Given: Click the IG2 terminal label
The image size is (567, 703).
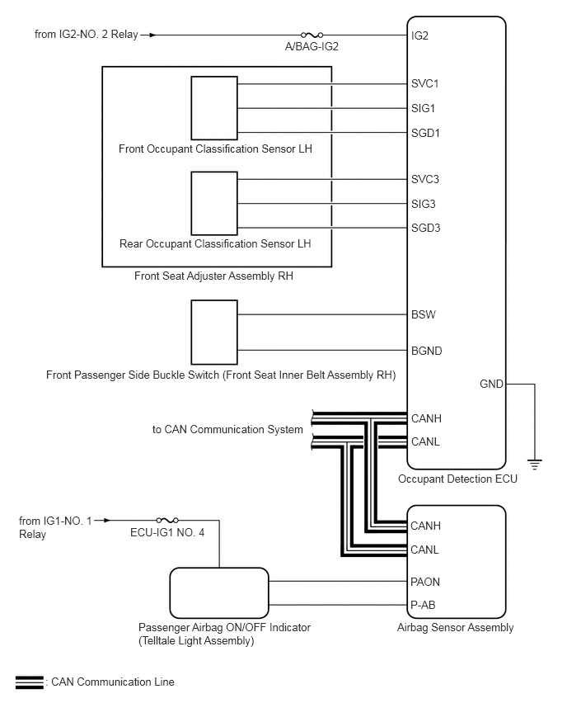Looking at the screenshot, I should pos(419,36).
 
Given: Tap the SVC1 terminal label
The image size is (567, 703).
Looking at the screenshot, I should pos(424,83).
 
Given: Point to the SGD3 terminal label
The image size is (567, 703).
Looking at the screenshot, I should pos(425,228).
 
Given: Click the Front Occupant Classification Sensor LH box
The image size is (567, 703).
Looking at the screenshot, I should pos(214,107).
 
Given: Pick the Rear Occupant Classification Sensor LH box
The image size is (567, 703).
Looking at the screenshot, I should pos(214,203).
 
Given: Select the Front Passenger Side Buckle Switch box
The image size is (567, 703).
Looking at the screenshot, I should pos(214,332).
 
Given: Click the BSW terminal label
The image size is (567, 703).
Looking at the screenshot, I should pos(424,314).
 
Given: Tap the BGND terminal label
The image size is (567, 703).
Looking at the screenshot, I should pos(426,351).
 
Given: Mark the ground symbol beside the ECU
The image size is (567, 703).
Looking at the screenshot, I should pos(535,465).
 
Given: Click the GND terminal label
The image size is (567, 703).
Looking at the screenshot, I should pos(491,384).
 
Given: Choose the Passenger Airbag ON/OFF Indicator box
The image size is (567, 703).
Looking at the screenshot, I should pos(219,592).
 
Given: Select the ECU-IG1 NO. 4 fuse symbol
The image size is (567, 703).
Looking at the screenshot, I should pos(168,521).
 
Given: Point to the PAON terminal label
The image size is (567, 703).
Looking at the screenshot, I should pos(425,582).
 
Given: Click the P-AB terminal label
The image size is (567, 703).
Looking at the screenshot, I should pos(423,605).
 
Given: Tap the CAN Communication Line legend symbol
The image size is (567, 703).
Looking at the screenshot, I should pos(30,682).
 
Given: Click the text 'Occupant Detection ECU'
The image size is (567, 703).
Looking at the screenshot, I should pos(457,479).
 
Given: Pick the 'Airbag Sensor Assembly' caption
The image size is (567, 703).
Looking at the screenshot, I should pos(455,627).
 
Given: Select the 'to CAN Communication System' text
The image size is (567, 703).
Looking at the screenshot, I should pos(227,430).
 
